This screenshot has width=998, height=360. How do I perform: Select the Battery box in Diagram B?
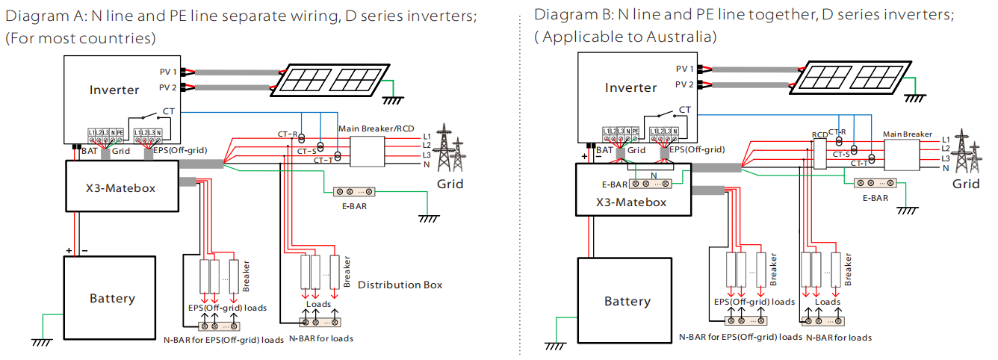point(627,301)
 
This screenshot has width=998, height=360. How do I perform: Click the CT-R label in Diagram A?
point(288,134)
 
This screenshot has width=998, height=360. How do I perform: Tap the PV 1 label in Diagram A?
point(167,72)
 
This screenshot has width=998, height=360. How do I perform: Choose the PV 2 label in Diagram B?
point(684,85)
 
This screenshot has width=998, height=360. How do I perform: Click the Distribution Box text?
point(400,285)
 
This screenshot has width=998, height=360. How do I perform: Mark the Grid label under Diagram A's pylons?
point(450,184)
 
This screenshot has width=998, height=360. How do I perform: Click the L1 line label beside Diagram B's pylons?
point(946,140)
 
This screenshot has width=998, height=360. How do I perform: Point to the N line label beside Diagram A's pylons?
point(426,164)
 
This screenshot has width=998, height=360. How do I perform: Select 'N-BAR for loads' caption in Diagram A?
point(320,338)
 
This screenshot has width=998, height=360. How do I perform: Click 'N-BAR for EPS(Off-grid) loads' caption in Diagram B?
point(740,338)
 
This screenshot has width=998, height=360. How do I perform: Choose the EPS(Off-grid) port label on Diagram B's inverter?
point(696,149)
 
